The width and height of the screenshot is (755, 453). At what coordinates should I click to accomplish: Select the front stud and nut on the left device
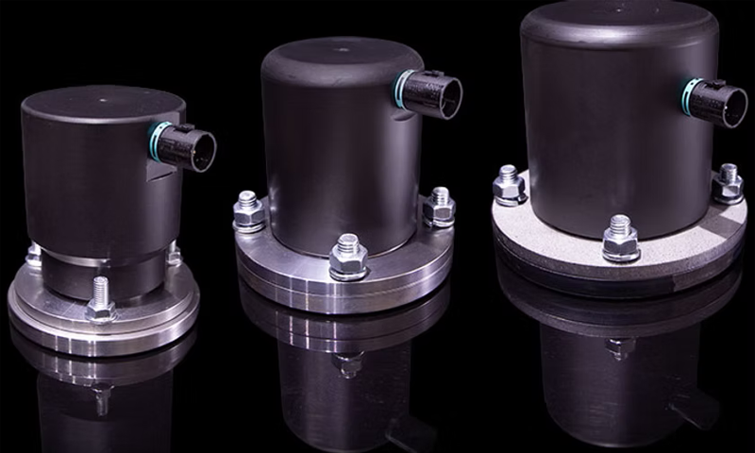point(100,299)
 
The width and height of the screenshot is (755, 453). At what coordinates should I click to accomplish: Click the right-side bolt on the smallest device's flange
point(174,252)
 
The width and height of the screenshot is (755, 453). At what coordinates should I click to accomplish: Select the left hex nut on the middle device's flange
point(246,212)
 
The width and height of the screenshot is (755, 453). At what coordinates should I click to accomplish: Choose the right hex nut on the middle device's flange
point(439,208)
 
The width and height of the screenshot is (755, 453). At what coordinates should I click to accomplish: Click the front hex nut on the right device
point(620,239)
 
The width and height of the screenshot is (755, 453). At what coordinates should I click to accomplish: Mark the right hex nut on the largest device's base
point(728,183)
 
